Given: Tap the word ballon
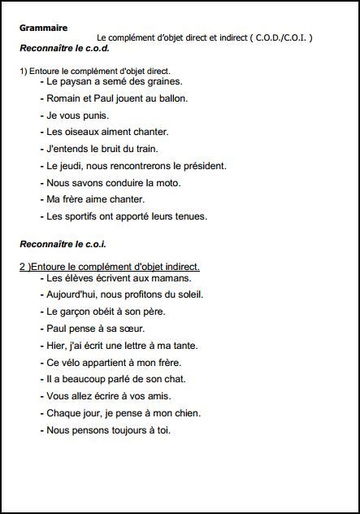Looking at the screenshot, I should click(171, 98).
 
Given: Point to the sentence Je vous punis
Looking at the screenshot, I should click(75, 115).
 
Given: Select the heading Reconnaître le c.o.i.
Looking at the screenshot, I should click(63, 244).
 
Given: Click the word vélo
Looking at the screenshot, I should click(78, 363).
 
